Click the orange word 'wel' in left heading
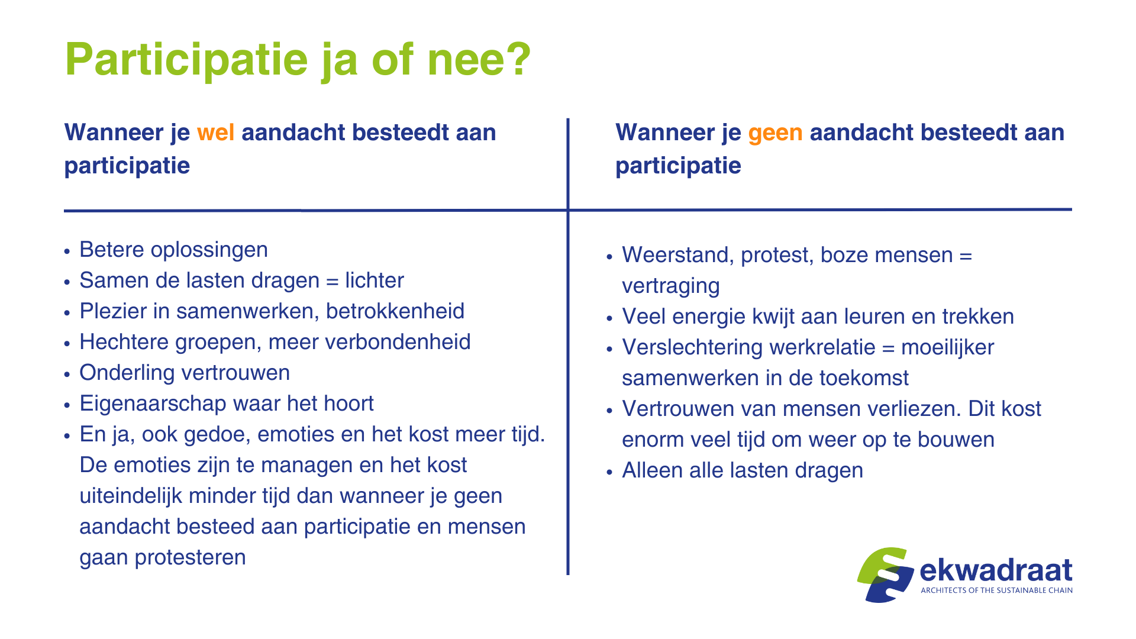(215, 133)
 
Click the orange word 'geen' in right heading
(775, 133)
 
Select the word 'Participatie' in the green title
(186, 60)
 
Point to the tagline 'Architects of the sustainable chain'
(996, 590)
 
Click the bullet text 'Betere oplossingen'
(173, 250)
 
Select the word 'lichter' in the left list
(374, 280)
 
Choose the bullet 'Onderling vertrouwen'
(185, 373)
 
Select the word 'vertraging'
(670, 286)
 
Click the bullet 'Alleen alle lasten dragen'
(742, 470)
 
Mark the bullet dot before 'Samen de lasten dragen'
(67, 282)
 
